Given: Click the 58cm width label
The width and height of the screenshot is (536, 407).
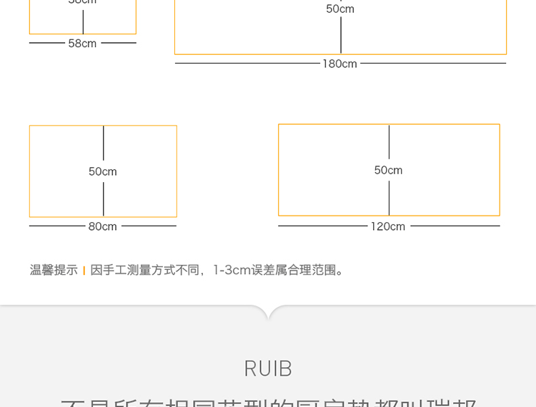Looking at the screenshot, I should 82,44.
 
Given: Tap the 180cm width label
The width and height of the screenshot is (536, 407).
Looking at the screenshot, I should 339,64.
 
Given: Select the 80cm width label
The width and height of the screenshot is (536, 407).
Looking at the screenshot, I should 102,226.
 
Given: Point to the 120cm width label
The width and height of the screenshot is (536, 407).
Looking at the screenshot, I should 388,226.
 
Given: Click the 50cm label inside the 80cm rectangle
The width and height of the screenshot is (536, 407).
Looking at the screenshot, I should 103,171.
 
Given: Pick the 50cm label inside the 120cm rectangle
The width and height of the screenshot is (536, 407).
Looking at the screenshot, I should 388,170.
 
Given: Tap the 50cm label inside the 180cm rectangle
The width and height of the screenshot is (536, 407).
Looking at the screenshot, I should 340,9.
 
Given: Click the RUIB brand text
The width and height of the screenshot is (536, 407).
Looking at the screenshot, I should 268,368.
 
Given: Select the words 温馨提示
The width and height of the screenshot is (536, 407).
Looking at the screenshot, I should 54,270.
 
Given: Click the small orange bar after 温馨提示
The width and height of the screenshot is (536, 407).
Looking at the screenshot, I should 84,271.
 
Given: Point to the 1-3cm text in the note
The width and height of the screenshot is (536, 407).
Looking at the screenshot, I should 232,270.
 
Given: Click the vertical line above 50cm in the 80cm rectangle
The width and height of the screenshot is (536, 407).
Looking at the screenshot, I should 104,143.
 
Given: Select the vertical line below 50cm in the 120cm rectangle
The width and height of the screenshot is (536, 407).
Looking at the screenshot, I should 389,198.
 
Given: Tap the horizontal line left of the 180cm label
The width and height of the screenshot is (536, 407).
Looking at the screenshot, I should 247,64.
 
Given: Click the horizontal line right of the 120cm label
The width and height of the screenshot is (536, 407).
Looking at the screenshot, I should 455,226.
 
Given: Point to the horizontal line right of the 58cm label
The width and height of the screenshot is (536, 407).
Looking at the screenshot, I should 119,43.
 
